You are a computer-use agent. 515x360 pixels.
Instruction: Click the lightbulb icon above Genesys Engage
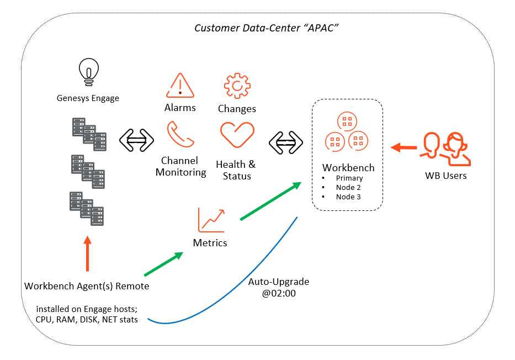pos(88,71)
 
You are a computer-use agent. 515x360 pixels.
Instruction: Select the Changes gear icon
pos(237,86)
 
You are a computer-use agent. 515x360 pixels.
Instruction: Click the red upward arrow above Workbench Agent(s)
pos(87,254)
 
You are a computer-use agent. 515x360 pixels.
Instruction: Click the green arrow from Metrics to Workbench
pos(271,201)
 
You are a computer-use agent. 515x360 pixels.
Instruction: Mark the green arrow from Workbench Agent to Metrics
pos(163,264)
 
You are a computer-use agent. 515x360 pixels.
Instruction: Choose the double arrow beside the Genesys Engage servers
pos(136,141)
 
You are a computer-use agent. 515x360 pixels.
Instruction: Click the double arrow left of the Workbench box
pos(286,142)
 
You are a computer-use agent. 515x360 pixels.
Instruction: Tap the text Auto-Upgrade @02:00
pos(279,288)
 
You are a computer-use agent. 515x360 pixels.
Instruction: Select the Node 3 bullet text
pos(348,197)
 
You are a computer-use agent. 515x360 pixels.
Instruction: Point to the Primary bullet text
pos(349,178)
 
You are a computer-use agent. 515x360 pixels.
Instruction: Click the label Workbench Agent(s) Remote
pos(87,286)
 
